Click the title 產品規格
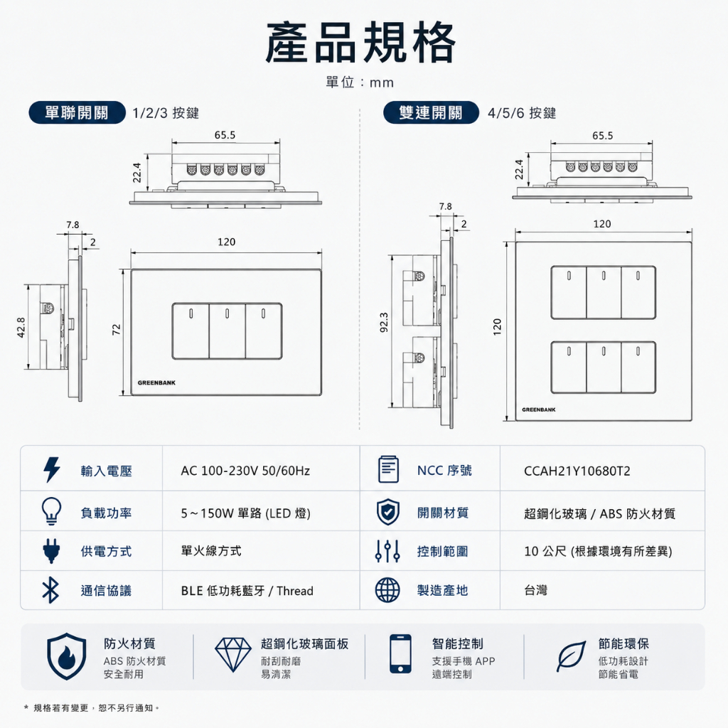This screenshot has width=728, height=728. pos(360,43)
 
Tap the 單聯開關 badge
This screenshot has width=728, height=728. pos(77,112)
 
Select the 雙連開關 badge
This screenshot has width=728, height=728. pos(431,112)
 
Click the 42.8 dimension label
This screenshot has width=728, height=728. pos(21,327)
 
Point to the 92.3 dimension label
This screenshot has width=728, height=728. pos(383,323)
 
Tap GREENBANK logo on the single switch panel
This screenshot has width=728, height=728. pos(156,383)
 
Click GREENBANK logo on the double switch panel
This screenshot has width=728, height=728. pos(539,410)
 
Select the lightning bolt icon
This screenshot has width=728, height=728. pos(51,469)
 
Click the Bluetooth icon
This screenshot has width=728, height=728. pos(50,591)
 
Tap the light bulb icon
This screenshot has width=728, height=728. pos(51,511)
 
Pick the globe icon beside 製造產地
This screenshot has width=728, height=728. pos(387,590)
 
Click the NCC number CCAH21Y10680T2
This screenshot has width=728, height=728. pos(577,471)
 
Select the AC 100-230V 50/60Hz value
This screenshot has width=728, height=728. pos(245,471)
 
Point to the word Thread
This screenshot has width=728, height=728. pos(295,591)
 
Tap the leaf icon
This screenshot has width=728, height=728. pos(571,656)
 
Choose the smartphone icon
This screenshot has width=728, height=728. pos(400,654)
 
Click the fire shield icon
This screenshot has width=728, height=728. pos(66,656)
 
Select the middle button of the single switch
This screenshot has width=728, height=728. pos(227,331)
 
